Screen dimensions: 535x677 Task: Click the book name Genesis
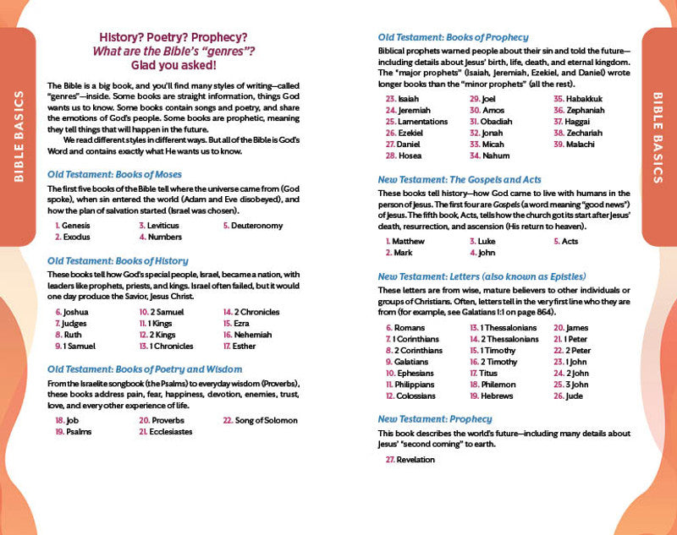77,226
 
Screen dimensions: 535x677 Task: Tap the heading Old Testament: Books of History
118,260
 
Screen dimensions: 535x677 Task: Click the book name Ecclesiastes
172,431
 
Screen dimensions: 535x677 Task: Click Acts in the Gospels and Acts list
570,241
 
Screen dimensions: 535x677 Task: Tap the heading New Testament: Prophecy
434,418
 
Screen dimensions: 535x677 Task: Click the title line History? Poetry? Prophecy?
173,37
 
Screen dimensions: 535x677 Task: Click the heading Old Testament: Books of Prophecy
453,36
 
